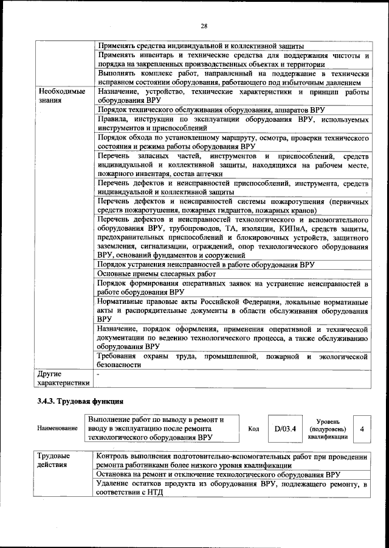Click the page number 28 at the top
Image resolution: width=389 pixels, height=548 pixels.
click(x=204, y=25)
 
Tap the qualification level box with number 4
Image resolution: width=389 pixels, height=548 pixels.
click(x=362, y=429)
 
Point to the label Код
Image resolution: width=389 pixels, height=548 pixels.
click(x=253, y=429)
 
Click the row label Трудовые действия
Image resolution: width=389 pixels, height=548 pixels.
click(x=53, y=461)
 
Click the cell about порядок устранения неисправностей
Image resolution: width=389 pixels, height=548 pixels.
click(x=205, y=265)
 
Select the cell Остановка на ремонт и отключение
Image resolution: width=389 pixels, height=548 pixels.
click(x=218, y=474)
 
